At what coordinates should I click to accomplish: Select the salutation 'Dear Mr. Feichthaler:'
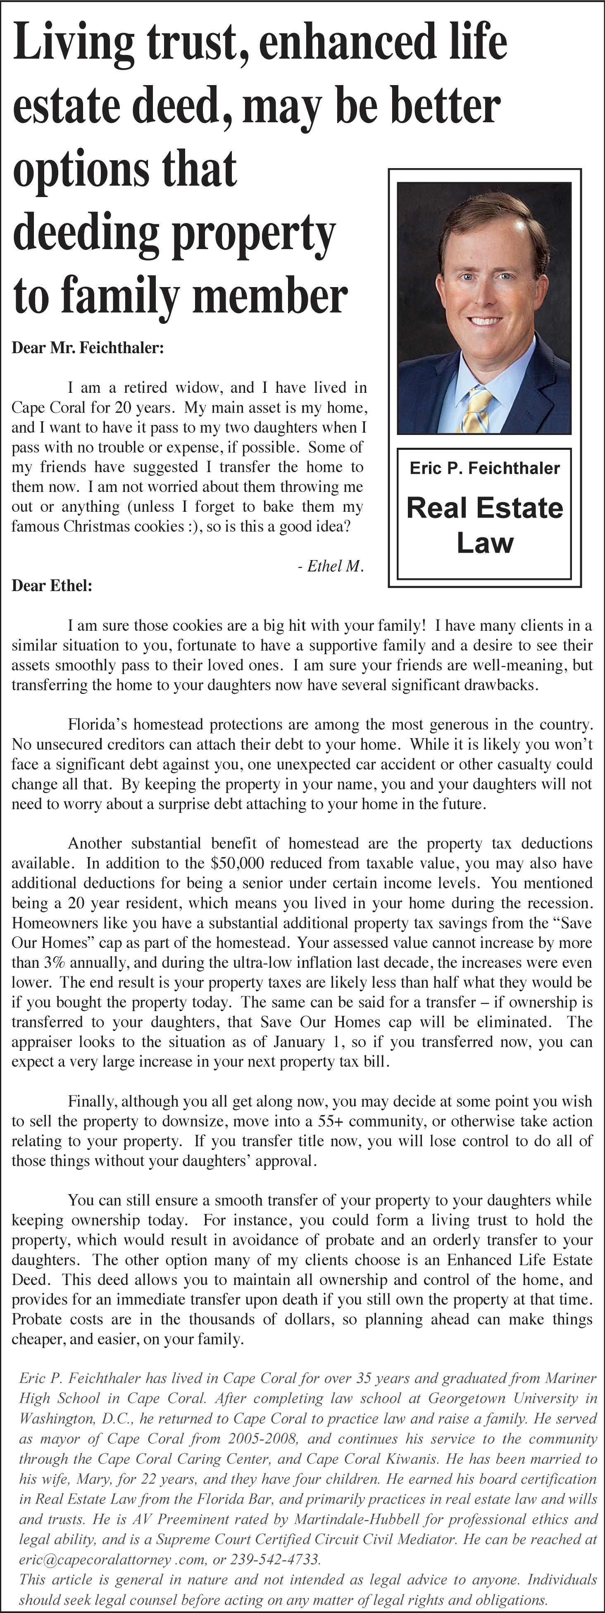coord(88,348)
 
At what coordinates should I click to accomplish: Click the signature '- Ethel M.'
coord(331,566)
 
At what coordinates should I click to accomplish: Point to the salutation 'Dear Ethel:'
coord(52,586)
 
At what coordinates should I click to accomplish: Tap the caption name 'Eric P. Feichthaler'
coord(485,468)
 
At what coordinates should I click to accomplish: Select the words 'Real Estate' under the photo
coord(485,508)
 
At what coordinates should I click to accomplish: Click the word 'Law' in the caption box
coord(485,542)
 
